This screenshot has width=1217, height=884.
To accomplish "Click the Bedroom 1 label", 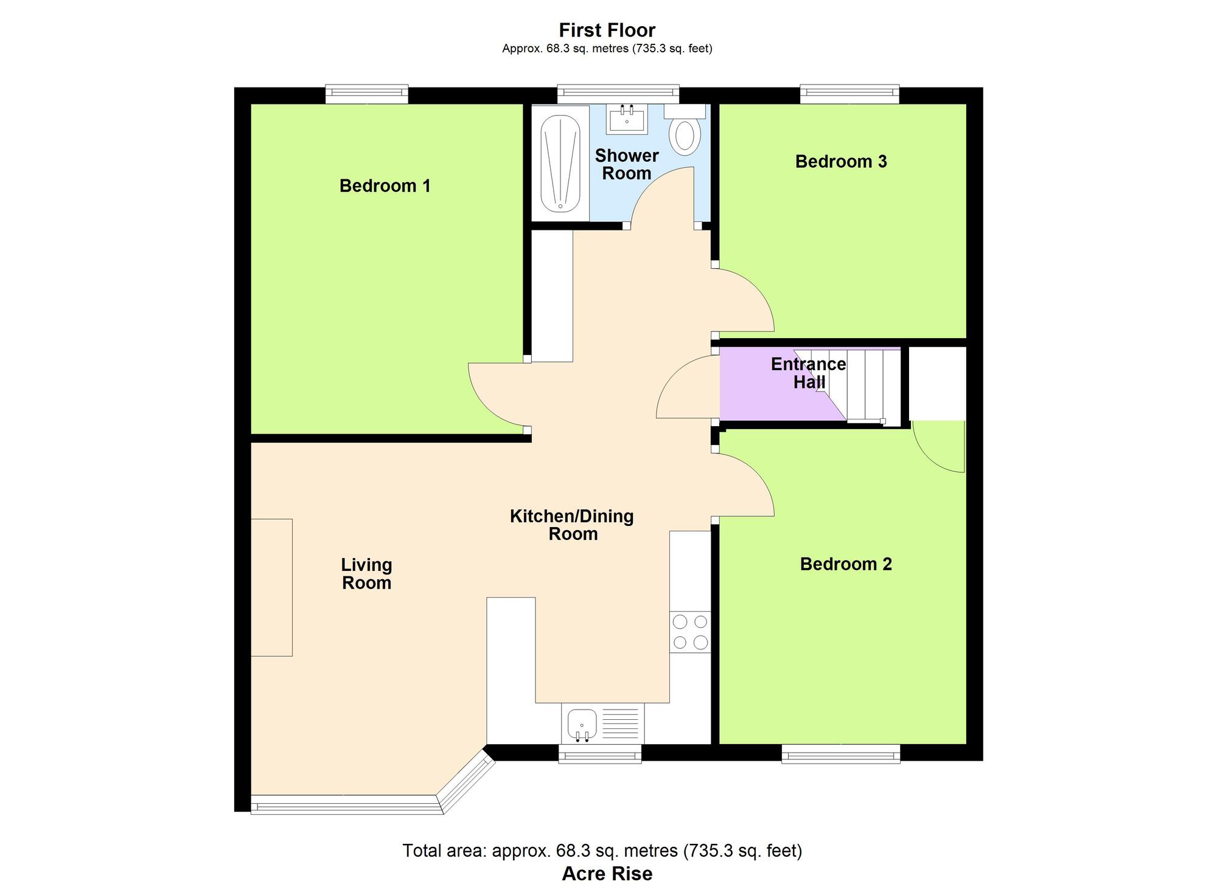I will pos(385,186).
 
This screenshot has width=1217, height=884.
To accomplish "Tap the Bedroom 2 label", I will pos(846,564).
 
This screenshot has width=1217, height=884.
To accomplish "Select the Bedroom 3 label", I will pos(841,162).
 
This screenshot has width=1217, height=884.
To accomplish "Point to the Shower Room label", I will pos(627,165).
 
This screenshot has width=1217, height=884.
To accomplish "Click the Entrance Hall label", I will pos(809,373).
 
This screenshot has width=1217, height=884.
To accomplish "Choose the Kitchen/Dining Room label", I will pos(572,525).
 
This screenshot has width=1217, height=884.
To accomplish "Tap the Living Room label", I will pos(366,574).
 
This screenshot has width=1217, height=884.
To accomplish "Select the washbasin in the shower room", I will pos(627,119).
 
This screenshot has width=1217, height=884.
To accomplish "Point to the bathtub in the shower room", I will pos(560,163).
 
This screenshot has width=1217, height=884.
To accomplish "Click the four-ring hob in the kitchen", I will pos(690,632).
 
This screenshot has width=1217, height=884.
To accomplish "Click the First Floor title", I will pos(607,30).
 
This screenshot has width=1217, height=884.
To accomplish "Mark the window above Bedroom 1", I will pos(366,94).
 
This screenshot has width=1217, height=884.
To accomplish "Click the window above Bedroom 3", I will pos(849,94).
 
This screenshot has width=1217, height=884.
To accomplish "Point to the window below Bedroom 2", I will pos(841,755).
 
